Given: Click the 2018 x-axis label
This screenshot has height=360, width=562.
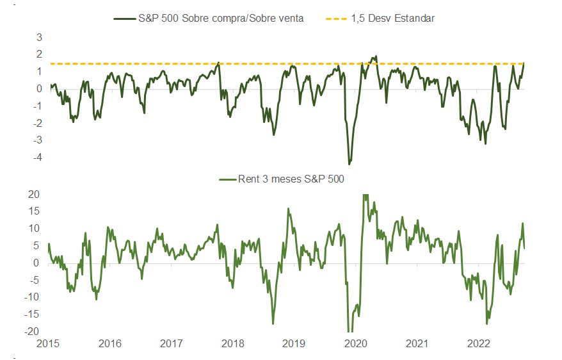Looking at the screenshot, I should point(232,343).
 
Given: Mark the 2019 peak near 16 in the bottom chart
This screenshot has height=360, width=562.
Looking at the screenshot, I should point(288,209).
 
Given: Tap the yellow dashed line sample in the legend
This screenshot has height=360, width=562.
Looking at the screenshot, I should point(334,19).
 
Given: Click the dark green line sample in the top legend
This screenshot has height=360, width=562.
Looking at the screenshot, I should point(124,19).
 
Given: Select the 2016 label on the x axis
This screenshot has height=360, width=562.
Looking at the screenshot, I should point(109,343).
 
